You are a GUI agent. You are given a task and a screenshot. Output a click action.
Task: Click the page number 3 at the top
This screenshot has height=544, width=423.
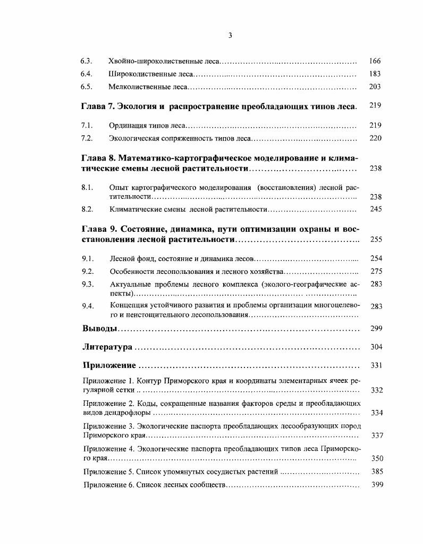230,36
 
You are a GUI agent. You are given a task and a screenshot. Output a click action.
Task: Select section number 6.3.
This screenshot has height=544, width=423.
87,61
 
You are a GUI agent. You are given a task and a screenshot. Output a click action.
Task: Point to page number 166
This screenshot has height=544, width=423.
375,61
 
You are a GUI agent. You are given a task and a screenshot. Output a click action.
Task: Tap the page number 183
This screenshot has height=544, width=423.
375,74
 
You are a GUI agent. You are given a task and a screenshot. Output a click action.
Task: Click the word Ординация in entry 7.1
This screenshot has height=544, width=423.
125,125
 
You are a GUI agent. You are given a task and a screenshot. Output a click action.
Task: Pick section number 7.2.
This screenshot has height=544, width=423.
87,138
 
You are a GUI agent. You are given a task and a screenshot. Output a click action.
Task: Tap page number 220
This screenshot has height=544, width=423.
376,138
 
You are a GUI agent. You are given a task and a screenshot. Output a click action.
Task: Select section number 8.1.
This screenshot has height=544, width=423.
87,187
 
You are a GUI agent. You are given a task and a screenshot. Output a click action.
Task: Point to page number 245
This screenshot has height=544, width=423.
376,209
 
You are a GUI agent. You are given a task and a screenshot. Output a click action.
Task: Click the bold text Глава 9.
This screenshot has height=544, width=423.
99,230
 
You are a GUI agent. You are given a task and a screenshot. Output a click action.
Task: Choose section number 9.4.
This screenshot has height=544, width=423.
88,306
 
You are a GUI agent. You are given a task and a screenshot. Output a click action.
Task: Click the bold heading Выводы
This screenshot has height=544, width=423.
99,328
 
